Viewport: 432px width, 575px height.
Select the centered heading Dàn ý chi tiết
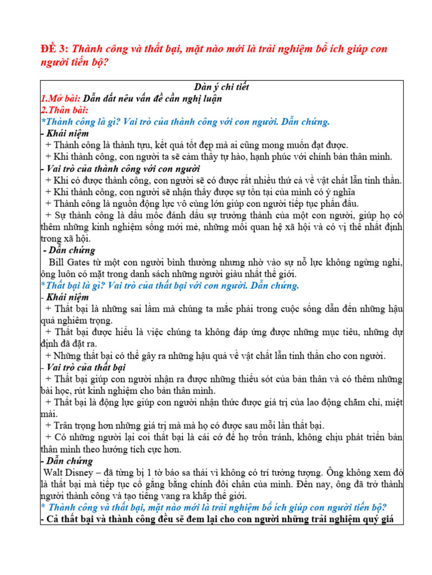pyautogui.click(x=221, y=87)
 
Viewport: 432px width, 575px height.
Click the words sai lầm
pyautogui.click(x=139, y=309)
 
